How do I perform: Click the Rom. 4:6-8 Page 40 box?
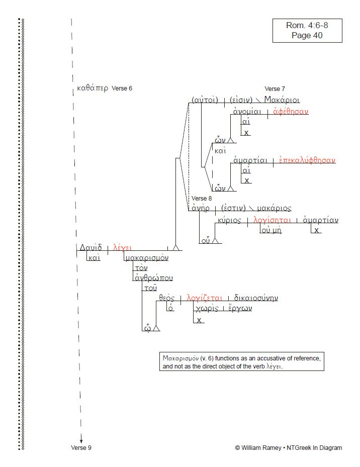pyautogui.click(x=307, y=30)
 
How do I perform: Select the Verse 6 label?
pyautogui.click(x=122, y=88)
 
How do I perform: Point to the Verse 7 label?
pyautogui.click(x=275, y=89)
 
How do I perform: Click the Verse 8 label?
pyautogui.click(x=202, y=198)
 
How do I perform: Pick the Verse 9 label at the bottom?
pyautogui.click(x=81, y=447)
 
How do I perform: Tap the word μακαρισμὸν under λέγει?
pyautogui.click(x=147, y=258)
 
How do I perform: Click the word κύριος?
pyautogui.click(x=229, y=220)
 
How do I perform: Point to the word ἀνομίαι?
pyautogui.click(x=247, y=111)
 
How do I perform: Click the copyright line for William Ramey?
pyautogui.click(x=288, y=447)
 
